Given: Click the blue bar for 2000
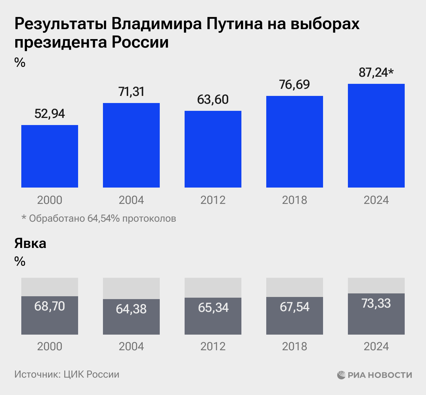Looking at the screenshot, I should point(50,156).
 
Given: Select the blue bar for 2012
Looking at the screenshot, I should point(213,149).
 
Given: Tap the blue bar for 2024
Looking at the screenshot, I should point(376,135).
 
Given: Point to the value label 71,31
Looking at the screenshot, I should point(131,92).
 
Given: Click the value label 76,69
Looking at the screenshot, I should point(295,85).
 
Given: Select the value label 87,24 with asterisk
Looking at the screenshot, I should point(376,73).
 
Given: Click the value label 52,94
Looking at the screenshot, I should point(50,114).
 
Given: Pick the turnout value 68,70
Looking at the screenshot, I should point(50,306).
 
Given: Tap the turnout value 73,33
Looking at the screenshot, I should point(376,303).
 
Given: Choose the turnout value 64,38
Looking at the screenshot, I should point(131,309).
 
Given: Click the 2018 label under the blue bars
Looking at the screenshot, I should point(295,200).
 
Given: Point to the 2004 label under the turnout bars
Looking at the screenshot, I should point(131,346).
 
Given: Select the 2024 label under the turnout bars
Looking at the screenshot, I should point(376,346).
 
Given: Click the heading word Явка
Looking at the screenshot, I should point(31,244).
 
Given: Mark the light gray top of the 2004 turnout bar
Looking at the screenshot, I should point(131,288).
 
